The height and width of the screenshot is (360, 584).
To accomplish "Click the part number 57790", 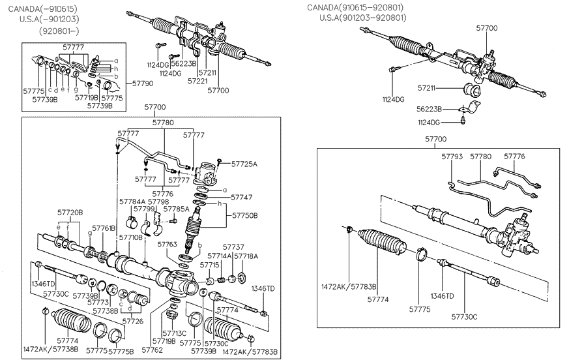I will click(x=143, y=83).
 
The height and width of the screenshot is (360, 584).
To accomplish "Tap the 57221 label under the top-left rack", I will click(x=197, y=82).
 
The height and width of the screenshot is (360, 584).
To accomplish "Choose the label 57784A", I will click(x=132, y=202).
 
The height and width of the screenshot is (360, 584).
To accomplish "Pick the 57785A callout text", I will click(x=176, y=209).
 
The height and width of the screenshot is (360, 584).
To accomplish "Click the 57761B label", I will click(x=104, y=228).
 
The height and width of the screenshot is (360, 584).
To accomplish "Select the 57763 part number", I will click(x=167, y=243).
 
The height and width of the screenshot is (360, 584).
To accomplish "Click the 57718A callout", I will click(x=246, y=256).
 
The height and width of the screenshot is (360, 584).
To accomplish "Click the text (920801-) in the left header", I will click(x=59, y=31).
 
